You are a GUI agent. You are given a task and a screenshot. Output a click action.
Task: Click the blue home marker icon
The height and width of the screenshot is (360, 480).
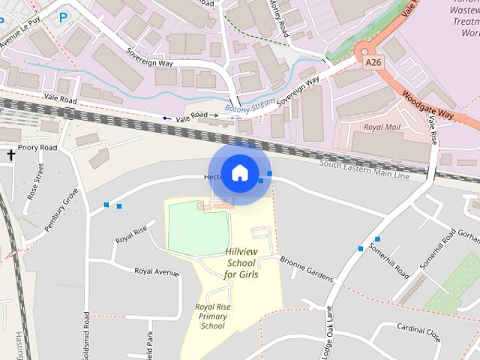coord(239,173)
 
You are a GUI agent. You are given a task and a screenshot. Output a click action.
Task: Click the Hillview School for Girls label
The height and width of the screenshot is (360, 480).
coord(241,263)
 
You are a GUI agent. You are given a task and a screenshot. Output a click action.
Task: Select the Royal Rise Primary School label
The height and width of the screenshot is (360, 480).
coord(213,316)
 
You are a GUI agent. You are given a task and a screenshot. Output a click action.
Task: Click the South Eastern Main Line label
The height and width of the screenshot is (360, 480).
coord(364,169)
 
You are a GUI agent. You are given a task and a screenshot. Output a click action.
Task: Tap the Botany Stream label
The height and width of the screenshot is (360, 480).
coord(247,107)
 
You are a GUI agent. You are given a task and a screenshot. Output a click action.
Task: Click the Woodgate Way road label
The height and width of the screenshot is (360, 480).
coord(428,104)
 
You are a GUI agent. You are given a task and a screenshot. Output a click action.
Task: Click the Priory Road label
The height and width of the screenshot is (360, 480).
coord(37,148)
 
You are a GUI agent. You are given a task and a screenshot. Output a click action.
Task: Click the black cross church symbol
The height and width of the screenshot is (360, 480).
coord(11,155)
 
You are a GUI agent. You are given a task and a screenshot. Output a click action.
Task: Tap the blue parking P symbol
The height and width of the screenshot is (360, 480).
coord(63,16)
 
